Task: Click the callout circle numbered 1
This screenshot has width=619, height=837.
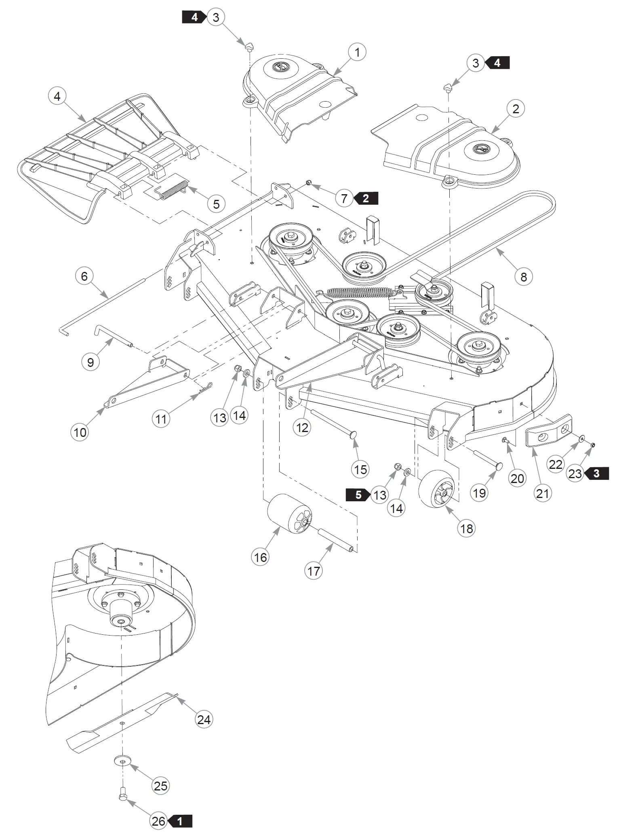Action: click(x=357, y=52)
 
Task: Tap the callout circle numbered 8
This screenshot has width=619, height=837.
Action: click(x=524, y=277)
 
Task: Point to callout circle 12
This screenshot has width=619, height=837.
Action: click(x=302, y=427)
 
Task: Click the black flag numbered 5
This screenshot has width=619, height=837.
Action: click(x=358, y=495)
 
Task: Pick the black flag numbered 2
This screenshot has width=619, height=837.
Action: click(x=366, y=198)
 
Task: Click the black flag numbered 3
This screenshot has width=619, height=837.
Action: click(x=596, y=473)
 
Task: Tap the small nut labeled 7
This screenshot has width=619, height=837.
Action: click(x=308, y=183)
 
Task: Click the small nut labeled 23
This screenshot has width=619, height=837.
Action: click(x=592, y=445)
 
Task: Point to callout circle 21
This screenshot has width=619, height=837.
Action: click(x=542, y=493)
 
